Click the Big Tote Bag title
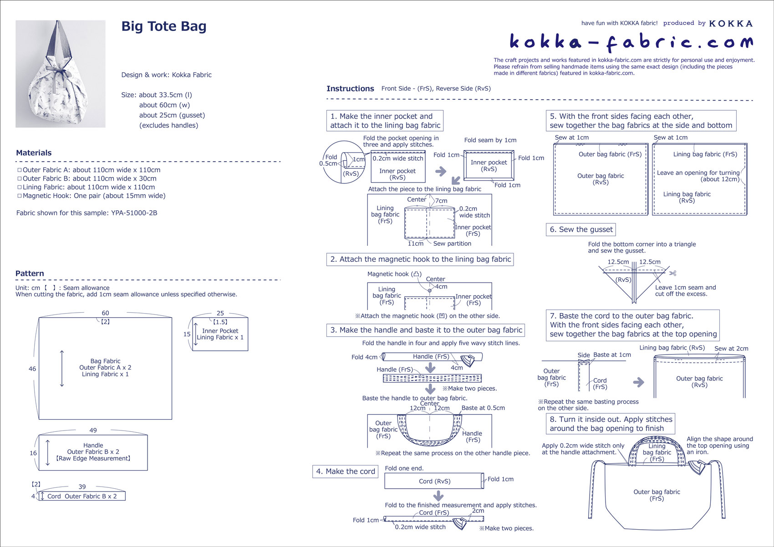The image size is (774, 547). [x=164, y=26]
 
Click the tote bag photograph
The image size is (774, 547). [x=61, y=74]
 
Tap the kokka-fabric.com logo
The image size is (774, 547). [x=631, y=42]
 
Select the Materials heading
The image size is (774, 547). [x=34, y=153]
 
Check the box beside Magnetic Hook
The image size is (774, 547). [x=20, y=196]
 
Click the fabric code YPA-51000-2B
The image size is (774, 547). [x=134, y=213]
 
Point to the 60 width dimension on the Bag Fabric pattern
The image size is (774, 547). [x=105, y=313]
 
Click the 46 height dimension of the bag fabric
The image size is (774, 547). [x=32, y=369]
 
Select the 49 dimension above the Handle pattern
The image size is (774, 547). [x=93, y=430]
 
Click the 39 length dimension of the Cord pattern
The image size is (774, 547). [x=82, y=486]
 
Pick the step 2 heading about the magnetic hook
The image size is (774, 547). [x=420, y=259]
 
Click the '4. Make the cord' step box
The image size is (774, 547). [x=346, y=471]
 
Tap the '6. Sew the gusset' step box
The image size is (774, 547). [x=581, y=229]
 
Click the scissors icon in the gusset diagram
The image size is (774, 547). [x=672, y=273]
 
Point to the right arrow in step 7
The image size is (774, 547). [x=639, y=382]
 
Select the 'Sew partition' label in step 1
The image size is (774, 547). [x=452, y=243]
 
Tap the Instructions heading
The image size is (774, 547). [x=350, y=89]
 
